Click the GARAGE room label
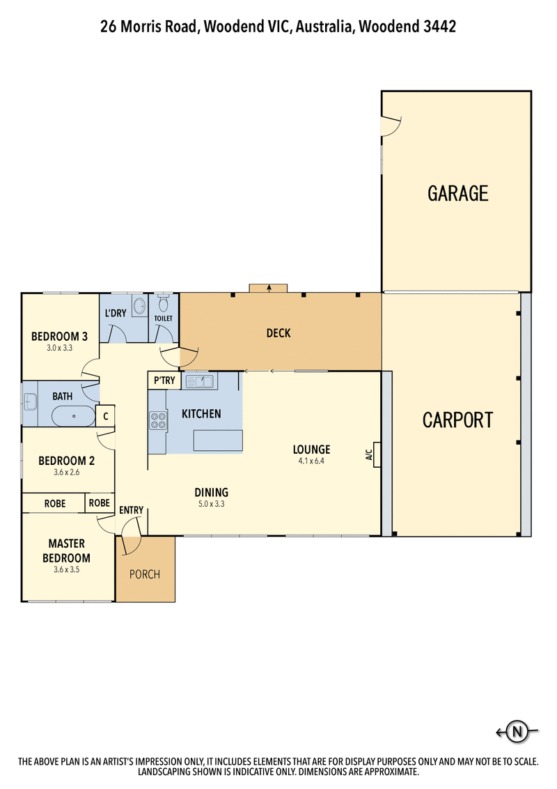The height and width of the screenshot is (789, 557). pos(457,193)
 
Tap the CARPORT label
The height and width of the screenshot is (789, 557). pos(457,420)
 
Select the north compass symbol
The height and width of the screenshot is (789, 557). pos(517,731)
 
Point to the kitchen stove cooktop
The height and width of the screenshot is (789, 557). pos(158,420)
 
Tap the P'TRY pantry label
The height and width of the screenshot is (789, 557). pos(164,381)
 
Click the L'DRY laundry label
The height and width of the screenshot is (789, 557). pos(116,313)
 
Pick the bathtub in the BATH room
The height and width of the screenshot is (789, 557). pos(74,417)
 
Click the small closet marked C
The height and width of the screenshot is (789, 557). pos(105,416)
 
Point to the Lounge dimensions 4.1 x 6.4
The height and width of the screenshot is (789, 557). pos(311,461)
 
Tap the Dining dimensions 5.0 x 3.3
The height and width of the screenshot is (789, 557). pos(212,504)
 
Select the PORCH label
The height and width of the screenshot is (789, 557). pos(145,574)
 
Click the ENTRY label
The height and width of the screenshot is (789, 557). pos(131,510)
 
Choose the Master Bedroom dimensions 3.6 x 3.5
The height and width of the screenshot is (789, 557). pos(67,569)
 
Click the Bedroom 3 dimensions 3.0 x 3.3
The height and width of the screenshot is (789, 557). pos(59,347)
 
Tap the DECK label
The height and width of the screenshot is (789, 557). pos(278,333)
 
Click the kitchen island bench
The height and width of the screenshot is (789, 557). pos(218,441)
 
